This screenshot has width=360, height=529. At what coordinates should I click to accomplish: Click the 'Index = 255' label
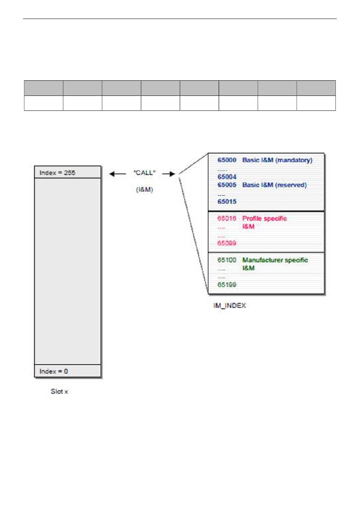point(57,173)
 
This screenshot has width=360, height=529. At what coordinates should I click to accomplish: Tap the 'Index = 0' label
point(54,371)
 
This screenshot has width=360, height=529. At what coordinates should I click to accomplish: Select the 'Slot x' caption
point(59,391)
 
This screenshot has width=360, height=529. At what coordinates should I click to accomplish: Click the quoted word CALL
point(144,173)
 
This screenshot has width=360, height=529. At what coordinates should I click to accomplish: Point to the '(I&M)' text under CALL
point(144,189)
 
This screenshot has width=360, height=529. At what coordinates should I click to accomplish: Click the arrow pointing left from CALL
point(117,174)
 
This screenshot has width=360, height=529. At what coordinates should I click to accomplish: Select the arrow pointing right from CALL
point(169,174)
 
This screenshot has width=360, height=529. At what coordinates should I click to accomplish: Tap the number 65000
point(227,160)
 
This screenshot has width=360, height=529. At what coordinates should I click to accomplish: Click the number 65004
point(227,177)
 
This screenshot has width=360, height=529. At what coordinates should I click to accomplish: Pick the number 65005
point(227,185)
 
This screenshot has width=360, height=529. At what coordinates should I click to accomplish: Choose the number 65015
point(227,202)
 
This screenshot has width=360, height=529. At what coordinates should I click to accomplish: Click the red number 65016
point(227,218)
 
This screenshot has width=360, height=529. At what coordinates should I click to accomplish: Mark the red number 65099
point(227,243)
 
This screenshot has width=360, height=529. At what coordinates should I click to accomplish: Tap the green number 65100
point(227,260)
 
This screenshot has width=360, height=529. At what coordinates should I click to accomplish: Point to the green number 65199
point(227,285)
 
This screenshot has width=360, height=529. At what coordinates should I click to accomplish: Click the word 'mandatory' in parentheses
point(294,160)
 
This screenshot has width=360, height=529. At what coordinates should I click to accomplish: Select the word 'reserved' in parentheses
point(291,185)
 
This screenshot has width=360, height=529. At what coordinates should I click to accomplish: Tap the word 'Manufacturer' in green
point(263,260)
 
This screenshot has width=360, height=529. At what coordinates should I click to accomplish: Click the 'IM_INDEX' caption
point(230,305)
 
